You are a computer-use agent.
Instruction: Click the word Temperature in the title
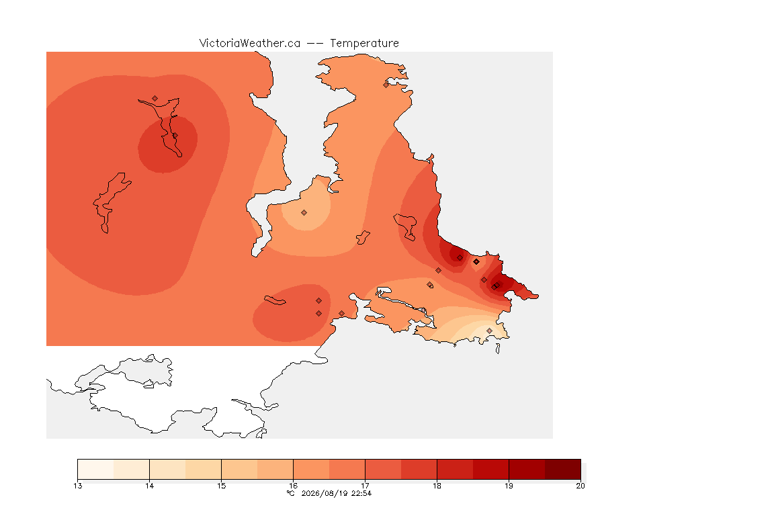[x=364, y=44]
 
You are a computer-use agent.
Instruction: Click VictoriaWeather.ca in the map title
[x=250, y=44]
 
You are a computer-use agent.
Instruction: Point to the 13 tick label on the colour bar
[x=77, y=486]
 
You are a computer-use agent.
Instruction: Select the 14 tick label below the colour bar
[x=150, y=486]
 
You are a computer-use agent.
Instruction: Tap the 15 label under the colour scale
[x=221, y=486]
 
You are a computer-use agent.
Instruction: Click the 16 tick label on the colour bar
[x=293, y=486]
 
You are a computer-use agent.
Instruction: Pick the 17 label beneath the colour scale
[x=365, y=486]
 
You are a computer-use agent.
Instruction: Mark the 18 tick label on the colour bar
[x=437, y=486]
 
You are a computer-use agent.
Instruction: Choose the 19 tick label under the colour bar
[x=509, y=486]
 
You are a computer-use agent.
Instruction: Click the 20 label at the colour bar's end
[x=580, y=486]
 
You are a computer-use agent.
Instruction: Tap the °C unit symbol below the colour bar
[x=291, y=493]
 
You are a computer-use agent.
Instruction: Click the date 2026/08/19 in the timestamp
[x=325, y=493]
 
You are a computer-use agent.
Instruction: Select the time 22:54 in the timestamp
[x=361, y=493]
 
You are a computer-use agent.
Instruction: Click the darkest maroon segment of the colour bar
[x=563, y=469]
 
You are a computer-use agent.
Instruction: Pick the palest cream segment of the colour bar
[x=95, y=469]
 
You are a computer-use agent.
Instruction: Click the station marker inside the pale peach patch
[x=304, y=213]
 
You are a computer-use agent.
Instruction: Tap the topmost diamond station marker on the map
[x=386, y=85]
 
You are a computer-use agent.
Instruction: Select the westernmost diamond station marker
[x=155, y=99]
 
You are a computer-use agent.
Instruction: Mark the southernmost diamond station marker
[x=489, y=331]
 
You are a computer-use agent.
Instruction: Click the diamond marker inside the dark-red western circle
[x=175, y=135]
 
